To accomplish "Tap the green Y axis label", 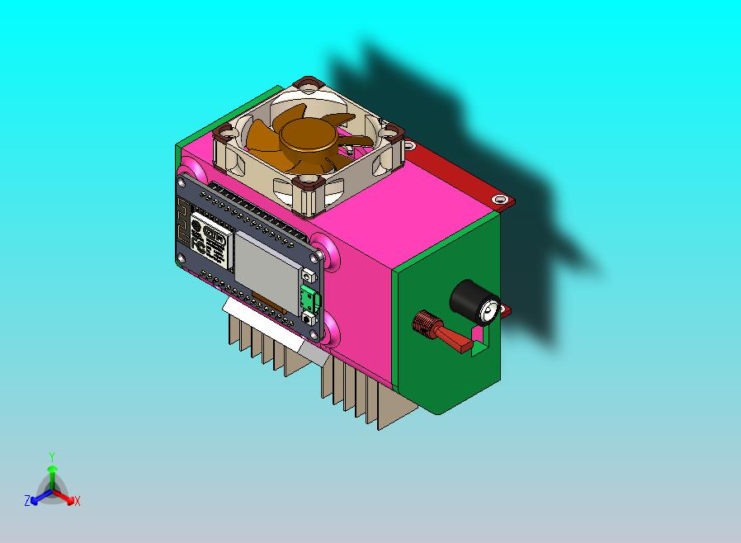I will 51,456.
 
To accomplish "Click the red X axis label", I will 77,501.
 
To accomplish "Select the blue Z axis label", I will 26,500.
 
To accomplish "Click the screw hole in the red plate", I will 498,200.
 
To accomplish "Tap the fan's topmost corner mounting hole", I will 309,83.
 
